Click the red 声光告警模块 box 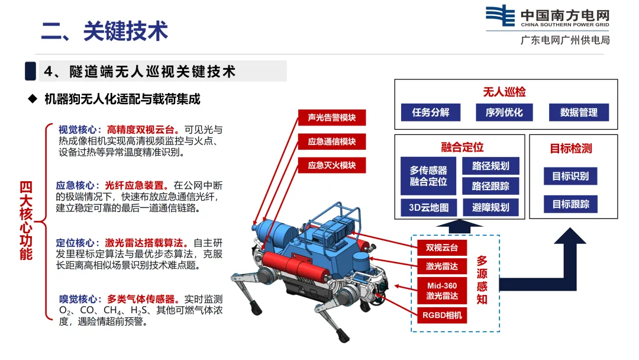[332, 117]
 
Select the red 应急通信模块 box [332, 142]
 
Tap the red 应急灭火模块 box [332, 165]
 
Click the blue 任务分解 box [430, 112]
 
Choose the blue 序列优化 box [504, 112]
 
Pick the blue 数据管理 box [579, 112]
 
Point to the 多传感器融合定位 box [428, 176]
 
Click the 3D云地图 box [428, 207]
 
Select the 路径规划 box [490, 166]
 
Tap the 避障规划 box [490, 207]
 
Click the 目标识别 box [570, 176]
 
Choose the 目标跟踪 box [570, 204]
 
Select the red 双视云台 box [442, 247]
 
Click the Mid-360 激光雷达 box [442, 291]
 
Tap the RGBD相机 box [442, 315]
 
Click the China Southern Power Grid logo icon [501, 15]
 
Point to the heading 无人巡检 [504, 92]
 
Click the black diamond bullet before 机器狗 [33, 99]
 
